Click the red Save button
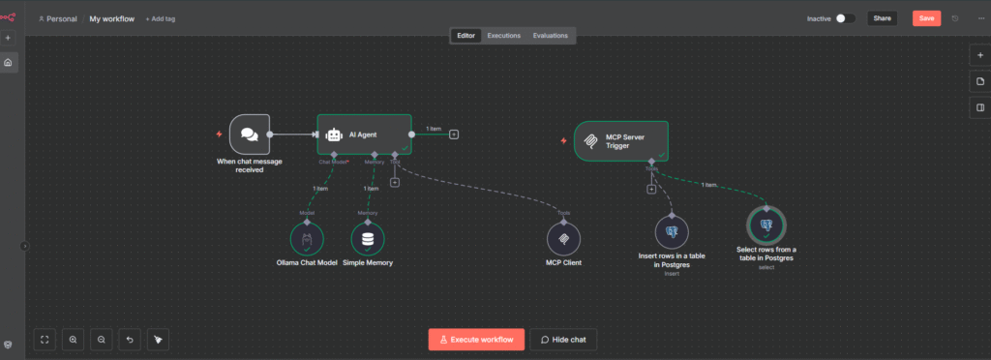(926, 17)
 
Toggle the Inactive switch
(845, 18)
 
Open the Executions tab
(503, 36)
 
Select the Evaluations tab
(551, 36)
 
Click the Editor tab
(465, 36)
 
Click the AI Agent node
(365, 135)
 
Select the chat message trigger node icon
(249, 135)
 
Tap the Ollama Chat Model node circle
(307, 239)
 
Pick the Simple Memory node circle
(367, 239)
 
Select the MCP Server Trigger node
(620, 140)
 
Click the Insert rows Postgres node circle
(672, 232)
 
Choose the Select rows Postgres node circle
(766, 225)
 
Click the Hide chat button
(562, 340)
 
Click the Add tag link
(161, 18)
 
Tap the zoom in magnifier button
(74, 340)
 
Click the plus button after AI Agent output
(454, 134)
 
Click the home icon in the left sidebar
(8, 63)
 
